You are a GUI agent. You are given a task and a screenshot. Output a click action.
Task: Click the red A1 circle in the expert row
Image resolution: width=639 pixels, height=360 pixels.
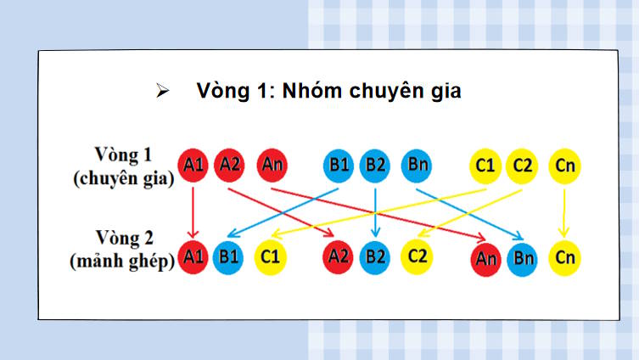tap(193, 166)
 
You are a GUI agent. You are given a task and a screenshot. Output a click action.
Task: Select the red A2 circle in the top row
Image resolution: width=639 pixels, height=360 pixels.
tap(230, 166)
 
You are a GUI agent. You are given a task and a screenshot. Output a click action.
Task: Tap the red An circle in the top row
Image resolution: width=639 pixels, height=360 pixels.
tap(272, 166)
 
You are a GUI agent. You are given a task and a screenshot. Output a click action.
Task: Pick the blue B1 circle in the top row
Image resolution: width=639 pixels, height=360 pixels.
tap(339, 166)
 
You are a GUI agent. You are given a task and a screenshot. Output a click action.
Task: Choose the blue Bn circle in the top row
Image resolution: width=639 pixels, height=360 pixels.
tap(418, 166)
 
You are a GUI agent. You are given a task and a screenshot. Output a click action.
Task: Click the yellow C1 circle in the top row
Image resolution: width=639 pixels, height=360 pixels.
tap(485, 166)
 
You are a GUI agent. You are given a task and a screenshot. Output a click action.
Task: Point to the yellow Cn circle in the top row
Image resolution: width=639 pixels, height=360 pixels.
tap(564, 166)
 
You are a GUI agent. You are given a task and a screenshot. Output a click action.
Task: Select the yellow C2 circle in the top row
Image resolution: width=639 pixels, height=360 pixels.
tap(522, 166)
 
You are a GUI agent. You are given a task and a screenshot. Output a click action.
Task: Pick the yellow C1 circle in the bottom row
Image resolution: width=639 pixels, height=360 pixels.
tap(270, 256)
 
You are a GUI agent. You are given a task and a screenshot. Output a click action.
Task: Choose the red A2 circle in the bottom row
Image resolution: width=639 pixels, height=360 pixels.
tap(339, 256)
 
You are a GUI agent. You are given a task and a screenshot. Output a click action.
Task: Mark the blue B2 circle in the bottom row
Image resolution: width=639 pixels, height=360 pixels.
tap(374, 257)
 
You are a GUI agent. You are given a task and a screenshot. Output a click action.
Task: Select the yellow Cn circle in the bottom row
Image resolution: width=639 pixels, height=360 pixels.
tap(564, 257)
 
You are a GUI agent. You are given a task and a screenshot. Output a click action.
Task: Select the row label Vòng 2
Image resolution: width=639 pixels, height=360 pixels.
tap(124, 236)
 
